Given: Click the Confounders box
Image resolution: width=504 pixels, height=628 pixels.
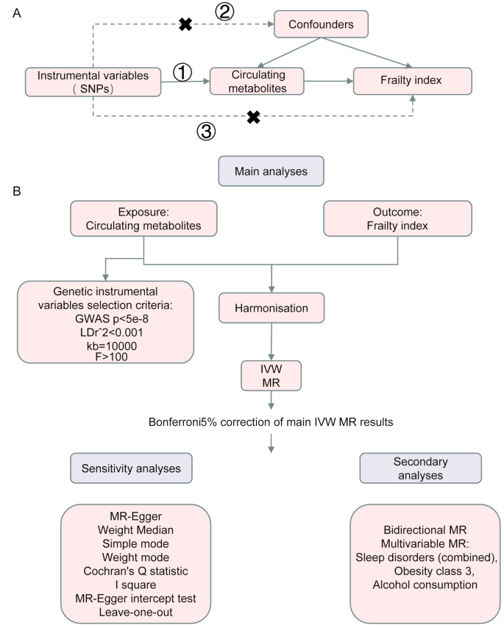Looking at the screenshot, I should pyautogui.click(x=320, y=25).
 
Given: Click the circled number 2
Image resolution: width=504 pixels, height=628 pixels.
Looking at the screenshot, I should pyautogui.click(x=226, y=13).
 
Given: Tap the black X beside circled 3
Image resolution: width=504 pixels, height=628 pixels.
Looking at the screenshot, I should pyautogui.click(x=253, y=116).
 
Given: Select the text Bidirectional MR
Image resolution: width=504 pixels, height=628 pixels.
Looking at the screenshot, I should pyautogui.click(x=421, y=529).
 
